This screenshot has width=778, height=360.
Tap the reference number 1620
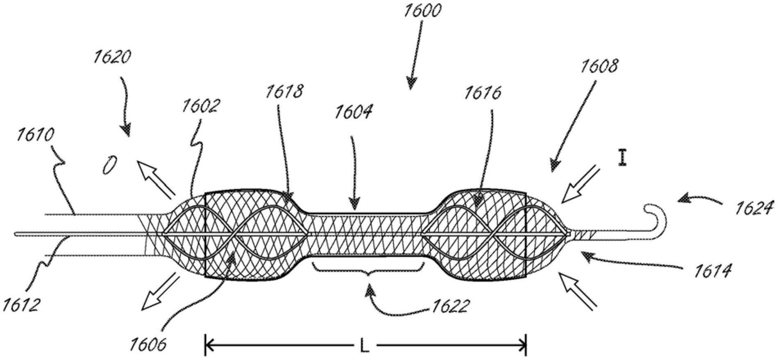pos(112,57)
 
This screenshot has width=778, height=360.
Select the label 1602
pos(201,106)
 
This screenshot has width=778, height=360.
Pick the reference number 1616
pos(482,93)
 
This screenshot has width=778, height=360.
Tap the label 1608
pos(599,66)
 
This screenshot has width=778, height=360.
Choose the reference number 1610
pos(35,135)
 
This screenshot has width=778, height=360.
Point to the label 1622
pos(449,306)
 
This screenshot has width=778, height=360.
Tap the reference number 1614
pos(712,271)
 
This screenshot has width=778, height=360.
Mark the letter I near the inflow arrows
pos(623,158)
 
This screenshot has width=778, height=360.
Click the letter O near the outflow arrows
pos(110,166)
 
